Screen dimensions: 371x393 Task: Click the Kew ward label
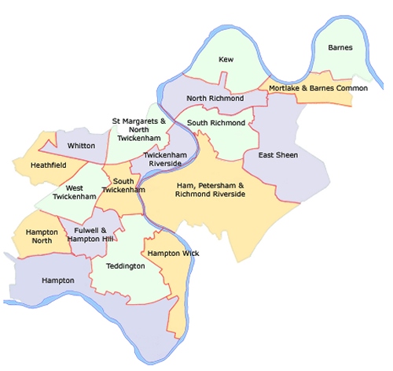[226, 59]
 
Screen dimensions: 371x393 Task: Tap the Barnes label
[340, 47]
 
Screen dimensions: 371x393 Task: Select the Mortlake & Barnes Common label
[318, 88]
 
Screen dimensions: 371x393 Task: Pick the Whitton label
[82, 146]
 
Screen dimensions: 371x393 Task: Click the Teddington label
[126, 266]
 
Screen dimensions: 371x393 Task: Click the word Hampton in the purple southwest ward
[59, 280]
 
